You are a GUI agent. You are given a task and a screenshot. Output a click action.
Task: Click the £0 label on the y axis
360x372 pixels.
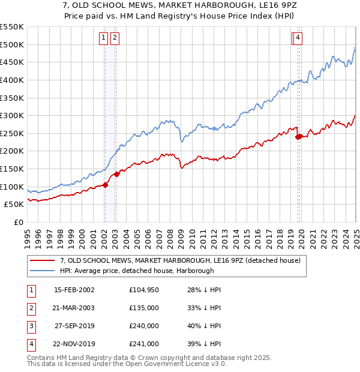tap(19, 222)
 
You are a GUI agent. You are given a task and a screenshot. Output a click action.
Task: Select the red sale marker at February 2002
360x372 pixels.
tap(105, 185)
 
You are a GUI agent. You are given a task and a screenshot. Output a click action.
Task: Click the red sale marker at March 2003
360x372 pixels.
tap(117, 174)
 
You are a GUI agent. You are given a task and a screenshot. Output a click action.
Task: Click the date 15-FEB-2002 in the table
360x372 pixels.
tap(74, 290)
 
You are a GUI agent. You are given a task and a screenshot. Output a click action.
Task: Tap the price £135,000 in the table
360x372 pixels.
tap(144, 308)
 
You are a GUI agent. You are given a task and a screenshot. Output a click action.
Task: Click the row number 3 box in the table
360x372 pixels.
tap(31, 326)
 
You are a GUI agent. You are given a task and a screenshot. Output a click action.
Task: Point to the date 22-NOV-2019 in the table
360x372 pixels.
tap(74, 344)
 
